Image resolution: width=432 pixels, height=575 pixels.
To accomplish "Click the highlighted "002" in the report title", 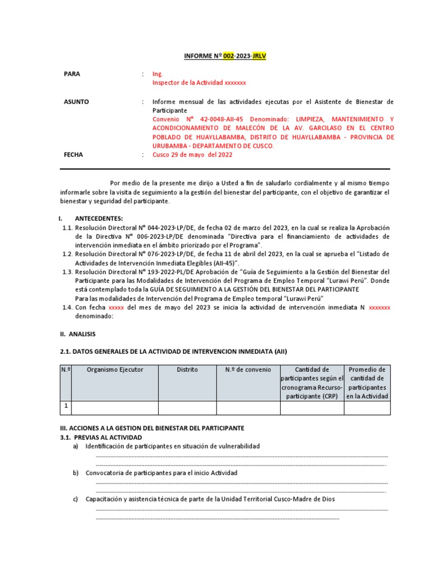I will tap(228, 56).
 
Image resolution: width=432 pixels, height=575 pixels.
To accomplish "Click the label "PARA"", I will tap(72, 74).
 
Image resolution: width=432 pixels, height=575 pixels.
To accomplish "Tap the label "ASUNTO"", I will tap(76, 102).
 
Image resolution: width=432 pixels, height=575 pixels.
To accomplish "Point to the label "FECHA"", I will tap(73, 155).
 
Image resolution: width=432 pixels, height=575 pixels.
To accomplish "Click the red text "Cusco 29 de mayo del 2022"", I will tap(192, 155).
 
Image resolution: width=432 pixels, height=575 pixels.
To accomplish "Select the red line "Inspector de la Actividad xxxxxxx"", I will tap(199, 83).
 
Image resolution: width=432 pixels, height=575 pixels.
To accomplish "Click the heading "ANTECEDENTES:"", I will tap(99, 218).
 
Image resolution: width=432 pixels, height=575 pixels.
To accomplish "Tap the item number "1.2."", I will tap(68, 254).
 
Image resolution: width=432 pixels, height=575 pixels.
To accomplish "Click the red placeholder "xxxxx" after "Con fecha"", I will tap(116, 308).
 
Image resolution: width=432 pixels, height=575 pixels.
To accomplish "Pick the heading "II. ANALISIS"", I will tap(78, 334).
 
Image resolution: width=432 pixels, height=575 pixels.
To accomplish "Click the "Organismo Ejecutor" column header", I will tap(115, 369).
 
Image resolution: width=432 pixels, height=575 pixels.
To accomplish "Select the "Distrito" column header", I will tap(187, 369).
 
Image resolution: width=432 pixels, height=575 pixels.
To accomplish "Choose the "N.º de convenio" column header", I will tap(248, 369).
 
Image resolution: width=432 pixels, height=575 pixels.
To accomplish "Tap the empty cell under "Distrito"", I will tap(187, 407).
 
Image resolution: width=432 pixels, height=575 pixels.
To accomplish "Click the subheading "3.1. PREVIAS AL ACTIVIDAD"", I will tap(101, 437).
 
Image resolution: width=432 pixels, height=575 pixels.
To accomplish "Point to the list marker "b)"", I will tap(75, 473).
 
